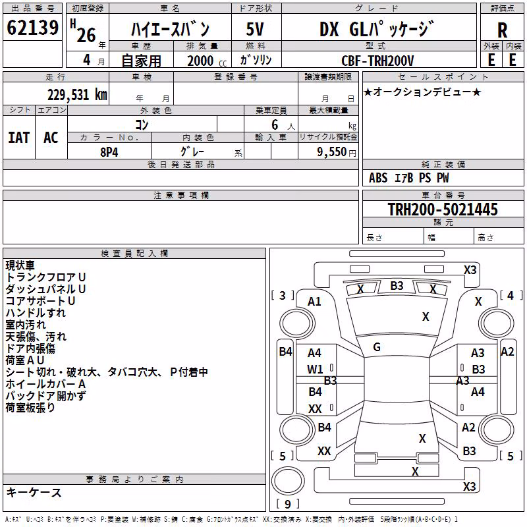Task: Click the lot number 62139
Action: click(32, 27)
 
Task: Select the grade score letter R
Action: click(502, 30)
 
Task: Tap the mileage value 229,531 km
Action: click(77, 95)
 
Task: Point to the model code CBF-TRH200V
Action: click(377, 61)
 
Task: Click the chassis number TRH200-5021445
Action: click(443, 209)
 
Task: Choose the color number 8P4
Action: click(109, 152)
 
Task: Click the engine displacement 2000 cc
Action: click(207, 61)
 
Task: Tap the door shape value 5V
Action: click(255, 29)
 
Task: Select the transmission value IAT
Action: click(19, 138)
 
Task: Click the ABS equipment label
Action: click(378, 178)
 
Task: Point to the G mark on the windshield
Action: click(377, 347)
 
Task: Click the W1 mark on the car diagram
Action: click(315, 370)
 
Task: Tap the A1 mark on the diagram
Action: click(314, 302)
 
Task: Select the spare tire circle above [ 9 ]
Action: click(288, 481)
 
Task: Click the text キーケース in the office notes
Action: click(34, 492)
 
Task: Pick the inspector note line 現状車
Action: click(20, 265)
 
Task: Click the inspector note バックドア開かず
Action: click(45, 396)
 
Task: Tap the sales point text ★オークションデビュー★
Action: click(422, 92)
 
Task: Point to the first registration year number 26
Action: click(86, 35)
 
